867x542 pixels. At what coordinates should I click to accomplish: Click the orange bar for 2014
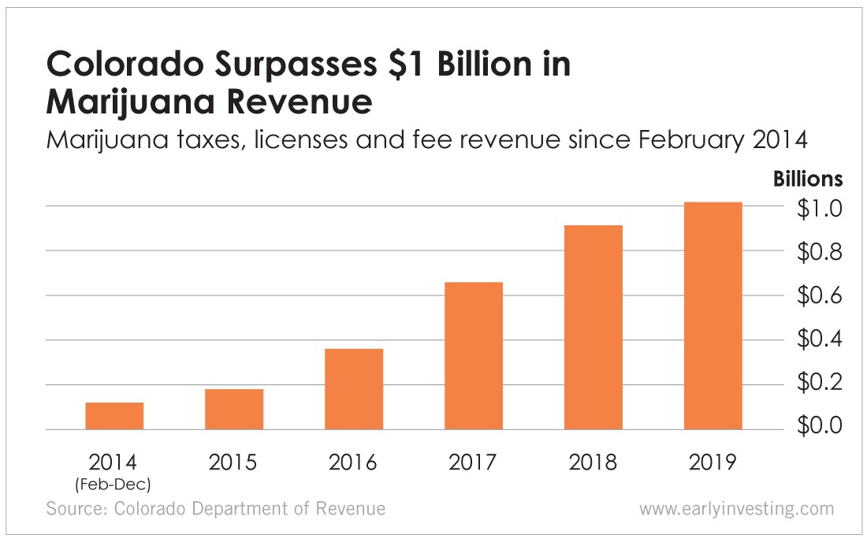(114, 416)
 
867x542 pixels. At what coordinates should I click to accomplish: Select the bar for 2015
(234, 409)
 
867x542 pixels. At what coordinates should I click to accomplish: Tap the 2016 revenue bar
(354, 389)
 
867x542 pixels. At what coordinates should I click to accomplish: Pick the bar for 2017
(474, 355)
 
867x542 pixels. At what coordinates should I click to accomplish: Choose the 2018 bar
(594, 327)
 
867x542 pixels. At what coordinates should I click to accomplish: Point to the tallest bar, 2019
(713, 316)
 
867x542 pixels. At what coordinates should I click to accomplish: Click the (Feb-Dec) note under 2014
(115, 481)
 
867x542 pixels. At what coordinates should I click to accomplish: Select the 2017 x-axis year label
(473, 462)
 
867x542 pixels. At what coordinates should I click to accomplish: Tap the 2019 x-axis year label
(713, 462)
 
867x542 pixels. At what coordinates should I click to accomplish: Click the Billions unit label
(808, 180)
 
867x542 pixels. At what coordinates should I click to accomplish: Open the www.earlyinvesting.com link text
(735, 509)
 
